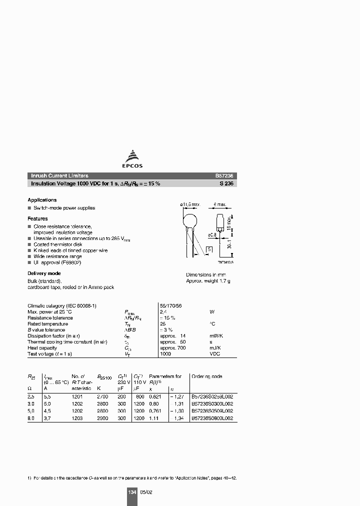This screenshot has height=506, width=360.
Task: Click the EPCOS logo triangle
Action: pyautogui.click(x=132, y=155)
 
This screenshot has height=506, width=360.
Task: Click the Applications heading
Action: pyautogui.click(x=42, y=200)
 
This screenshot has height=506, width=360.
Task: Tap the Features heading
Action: pyautogui.click(x=38, y=218)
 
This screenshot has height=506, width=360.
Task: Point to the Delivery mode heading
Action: pyautogui.click(x=44, y=273)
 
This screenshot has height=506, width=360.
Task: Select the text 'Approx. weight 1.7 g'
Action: pyautogui.click(x=208, y=281)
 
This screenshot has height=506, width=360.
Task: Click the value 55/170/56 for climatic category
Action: pyautogui.click(x=170, y=305)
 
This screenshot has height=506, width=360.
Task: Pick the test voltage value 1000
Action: pyautogui.click(x=165, y=353)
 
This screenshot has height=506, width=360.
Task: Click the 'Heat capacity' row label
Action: pyautogui.click(x=39, y=347)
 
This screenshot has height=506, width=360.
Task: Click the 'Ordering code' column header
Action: pyautogui.click(x=207, y=376)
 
